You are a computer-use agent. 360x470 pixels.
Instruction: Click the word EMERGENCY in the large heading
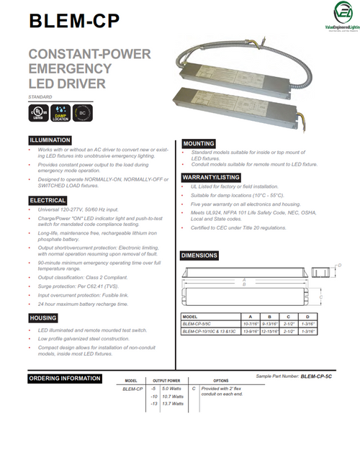click(71, 69)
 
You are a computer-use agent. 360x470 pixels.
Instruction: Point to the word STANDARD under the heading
click(40, 97)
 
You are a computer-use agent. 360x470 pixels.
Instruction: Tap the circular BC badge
click(83, 114)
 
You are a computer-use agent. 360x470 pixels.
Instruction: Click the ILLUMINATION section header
click(50, 140)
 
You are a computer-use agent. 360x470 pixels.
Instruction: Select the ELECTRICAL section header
click(48, 200)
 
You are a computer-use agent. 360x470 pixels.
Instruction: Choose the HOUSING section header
click(43, 317)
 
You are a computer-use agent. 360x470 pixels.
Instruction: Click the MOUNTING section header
click(199, 144)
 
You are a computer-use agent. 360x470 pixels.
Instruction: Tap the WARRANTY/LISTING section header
click(211, 176)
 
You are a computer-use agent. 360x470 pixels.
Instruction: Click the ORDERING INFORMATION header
click(64, 379)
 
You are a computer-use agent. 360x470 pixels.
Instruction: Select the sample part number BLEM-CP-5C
click(318, 376)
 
